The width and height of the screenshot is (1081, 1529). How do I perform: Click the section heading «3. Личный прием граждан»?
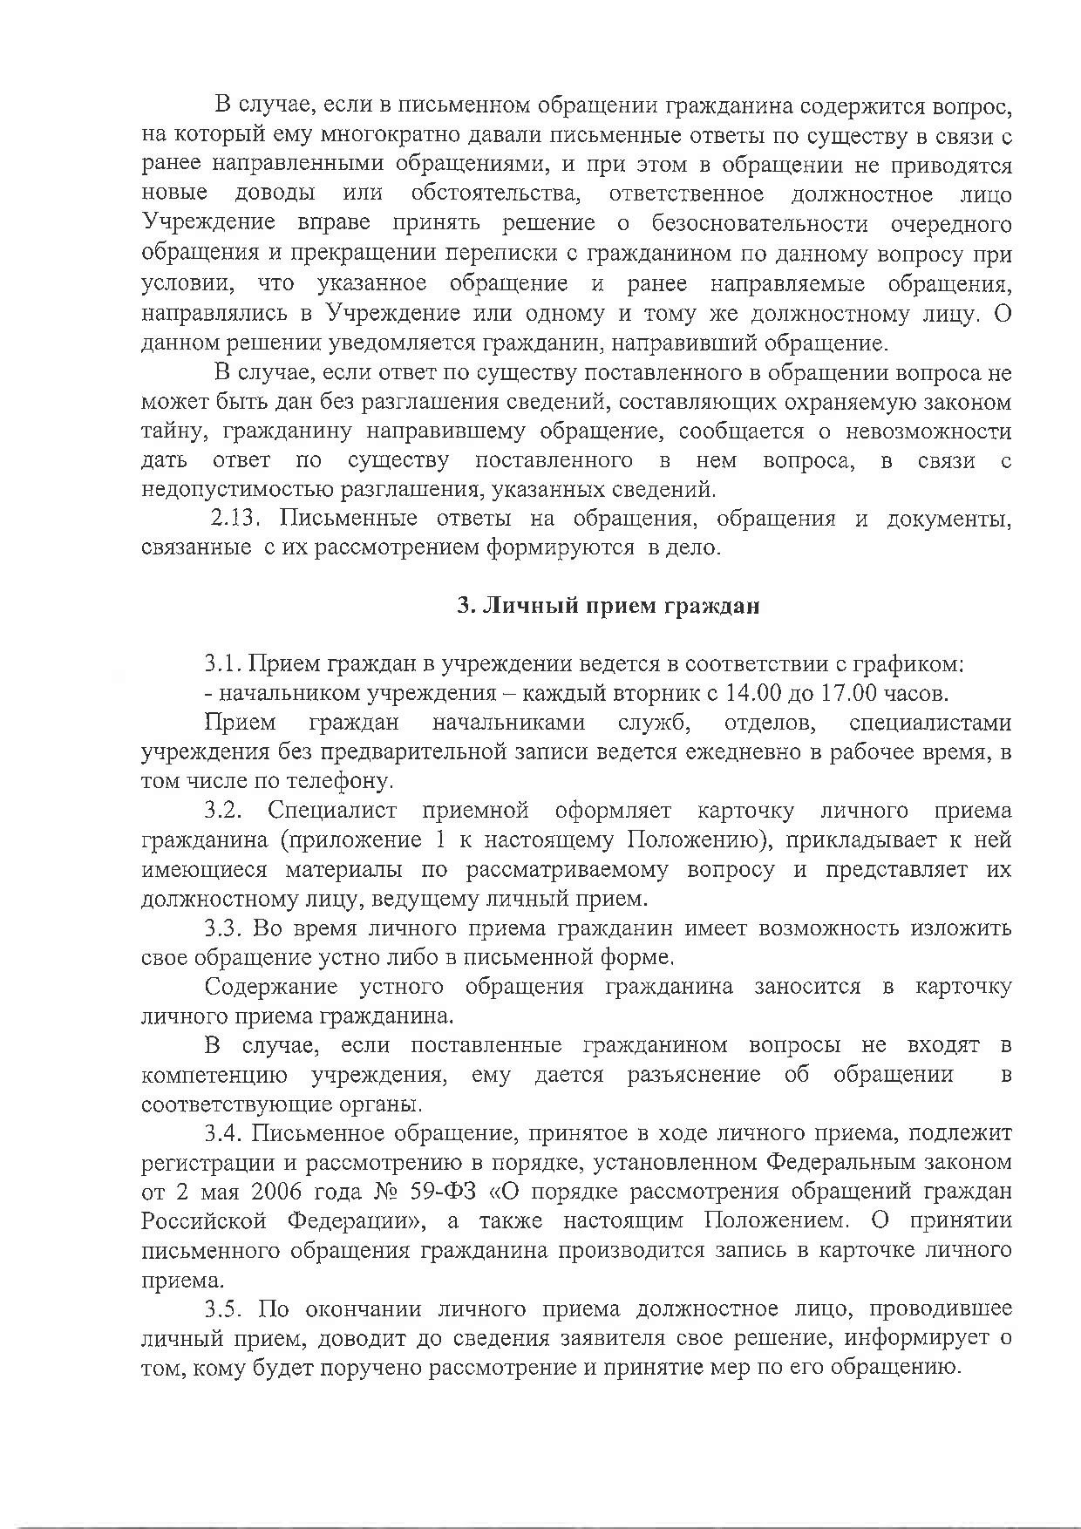[608, 607]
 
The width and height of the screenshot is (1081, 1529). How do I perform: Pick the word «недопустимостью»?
[228, 490]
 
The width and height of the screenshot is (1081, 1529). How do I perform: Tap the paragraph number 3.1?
[223, 664]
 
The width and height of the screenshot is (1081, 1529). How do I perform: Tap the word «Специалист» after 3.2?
[332, 811]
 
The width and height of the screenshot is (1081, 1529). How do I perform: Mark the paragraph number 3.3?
[223, 928]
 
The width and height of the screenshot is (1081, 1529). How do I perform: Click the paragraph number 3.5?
[223, 1309]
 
